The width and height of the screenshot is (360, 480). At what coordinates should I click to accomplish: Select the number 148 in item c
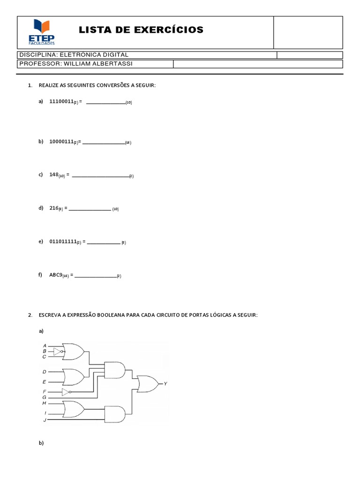[53, 174]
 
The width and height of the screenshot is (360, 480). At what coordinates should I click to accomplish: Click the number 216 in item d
[53, 208]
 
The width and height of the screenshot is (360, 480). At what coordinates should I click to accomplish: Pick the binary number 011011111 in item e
[63, 242]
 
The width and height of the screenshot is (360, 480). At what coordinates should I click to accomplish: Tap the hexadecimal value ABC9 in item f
[56, 275]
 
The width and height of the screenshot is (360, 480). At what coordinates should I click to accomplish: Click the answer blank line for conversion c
[101, 176]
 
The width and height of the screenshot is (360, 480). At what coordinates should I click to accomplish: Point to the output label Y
[165, 383]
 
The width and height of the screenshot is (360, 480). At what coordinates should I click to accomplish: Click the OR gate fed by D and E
[74, 375]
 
